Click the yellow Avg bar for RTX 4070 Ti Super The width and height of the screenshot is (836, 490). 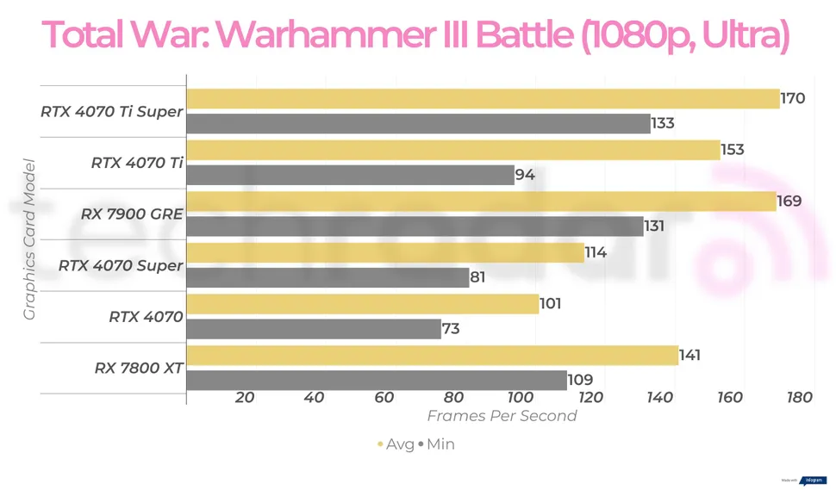tap(483, 98)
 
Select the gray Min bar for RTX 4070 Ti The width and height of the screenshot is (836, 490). tap(350, 175)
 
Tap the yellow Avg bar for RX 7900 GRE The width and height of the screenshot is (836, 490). tap(481, 202)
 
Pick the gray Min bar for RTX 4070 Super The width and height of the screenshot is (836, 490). tap(328, 277)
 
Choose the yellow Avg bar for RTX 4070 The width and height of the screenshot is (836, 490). tap(362, 304)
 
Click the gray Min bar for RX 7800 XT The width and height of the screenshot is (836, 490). tap(377, 380)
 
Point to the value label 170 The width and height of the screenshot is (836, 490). tap(793, 98)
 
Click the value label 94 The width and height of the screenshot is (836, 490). tap(525, 175)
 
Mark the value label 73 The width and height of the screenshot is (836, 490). tap(451, 329)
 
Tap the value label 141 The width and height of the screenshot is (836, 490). tap(689, 355)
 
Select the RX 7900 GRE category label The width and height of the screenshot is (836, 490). tap(132, 214)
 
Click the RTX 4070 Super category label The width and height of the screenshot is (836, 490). tap(121, 265)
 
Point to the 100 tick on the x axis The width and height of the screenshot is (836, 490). tap(521, 397)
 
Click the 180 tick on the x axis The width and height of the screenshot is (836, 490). tap(800, 397)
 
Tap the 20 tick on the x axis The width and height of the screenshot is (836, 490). tap(244, 397)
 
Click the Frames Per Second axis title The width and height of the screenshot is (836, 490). tap(502, 416)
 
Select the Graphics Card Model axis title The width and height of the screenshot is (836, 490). tap(29, 239)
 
